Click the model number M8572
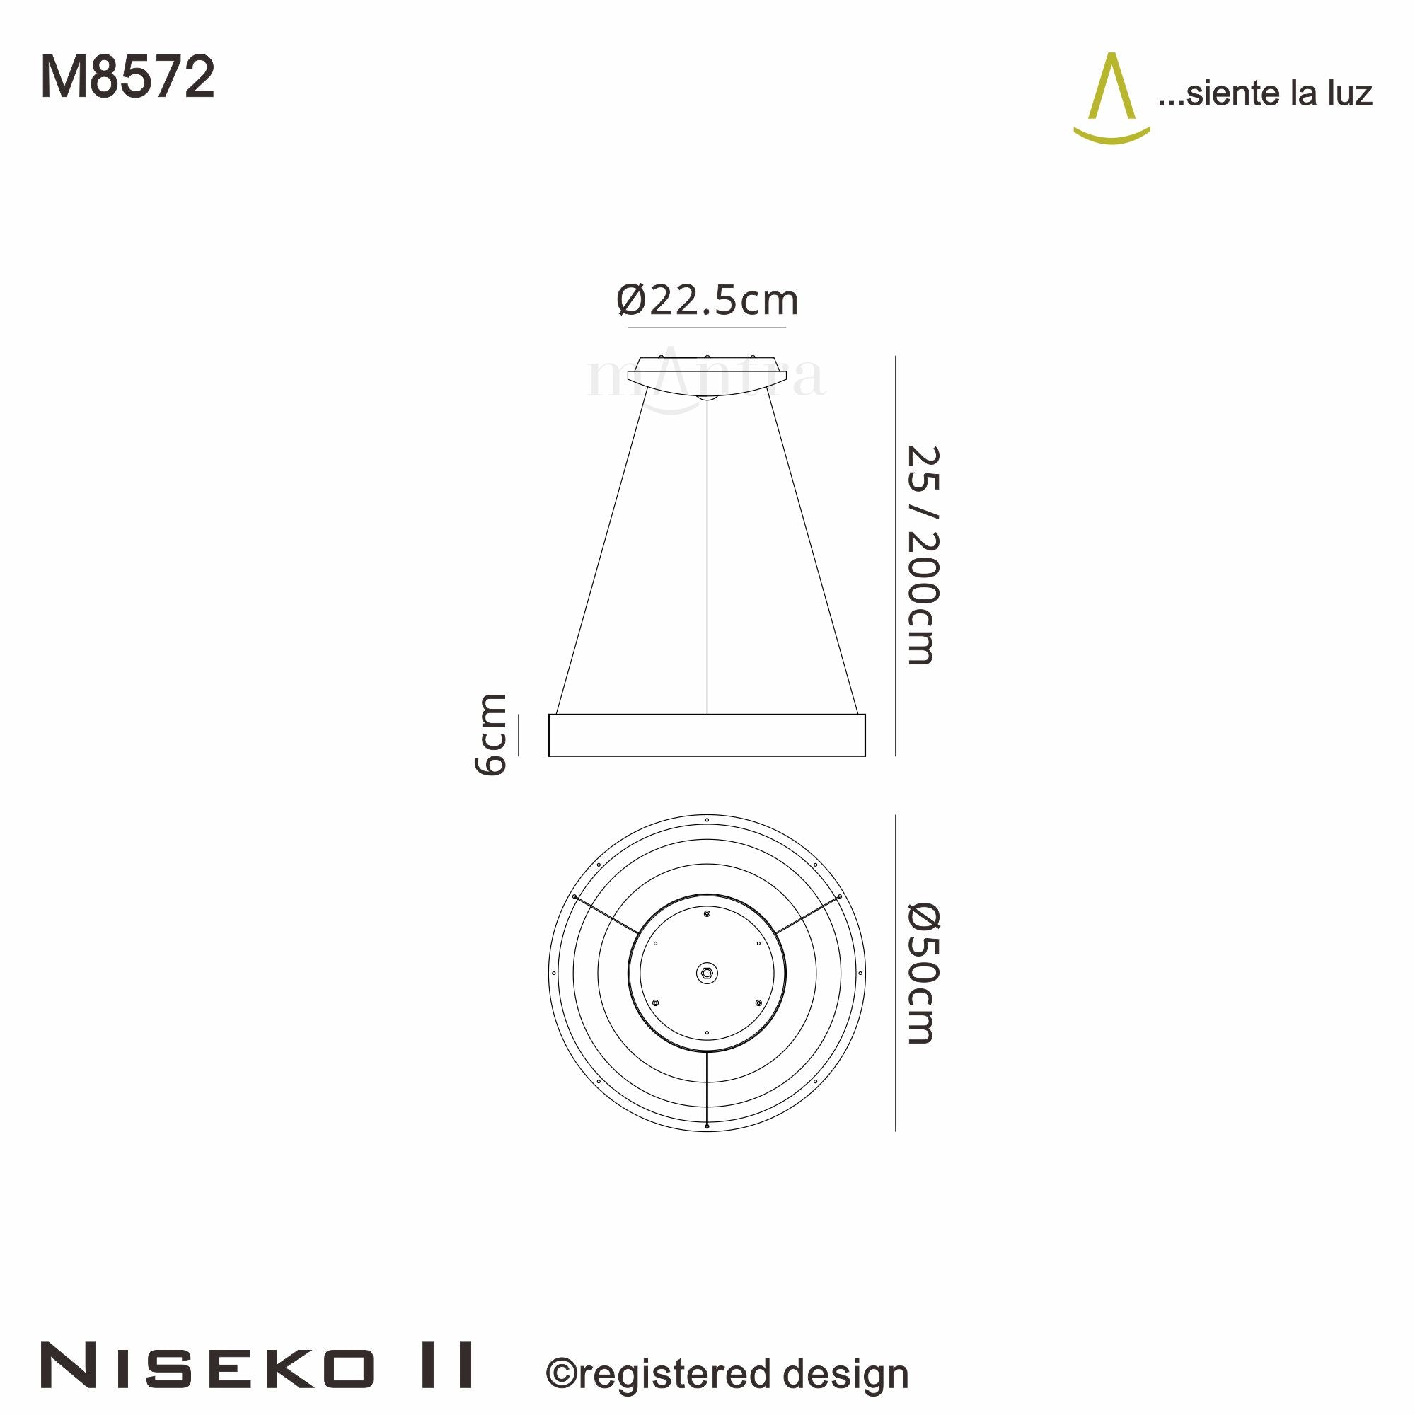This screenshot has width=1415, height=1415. [127, 78]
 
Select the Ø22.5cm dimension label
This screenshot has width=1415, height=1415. [707, 300]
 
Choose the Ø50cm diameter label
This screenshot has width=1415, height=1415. [922, 974]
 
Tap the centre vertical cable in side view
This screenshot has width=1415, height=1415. [707, 557]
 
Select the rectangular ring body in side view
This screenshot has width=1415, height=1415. [707, 734]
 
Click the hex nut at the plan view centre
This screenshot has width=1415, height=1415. [707, 974]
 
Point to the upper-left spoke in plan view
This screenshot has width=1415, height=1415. [606, 915]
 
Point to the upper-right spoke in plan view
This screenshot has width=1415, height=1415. [807, 915]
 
